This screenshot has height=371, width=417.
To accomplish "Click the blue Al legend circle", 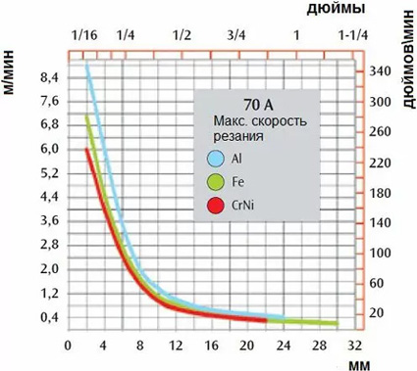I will [x=216, y=160].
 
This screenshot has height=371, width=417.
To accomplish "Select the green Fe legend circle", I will [x=216, y=182].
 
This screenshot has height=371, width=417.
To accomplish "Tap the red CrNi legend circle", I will [x=216, y=205].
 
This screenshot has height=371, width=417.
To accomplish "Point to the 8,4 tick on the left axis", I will [x=48, y=77].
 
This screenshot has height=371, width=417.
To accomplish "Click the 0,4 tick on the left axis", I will [x=48, y=317].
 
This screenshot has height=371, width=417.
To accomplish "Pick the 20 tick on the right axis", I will [x=375, y=312].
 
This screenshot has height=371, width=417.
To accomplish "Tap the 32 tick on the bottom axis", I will [x=355, y=346].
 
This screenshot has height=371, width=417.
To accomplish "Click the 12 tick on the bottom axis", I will [x=175, y=346].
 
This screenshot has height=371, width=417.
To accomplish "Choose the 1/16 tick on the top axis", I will [x=84, y=33].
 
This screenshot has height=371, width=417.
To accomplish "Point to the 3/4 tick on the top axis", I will [x=235, y=33].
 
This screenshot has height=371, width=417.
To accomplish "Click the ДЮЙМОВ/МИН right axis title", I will [x=407, y=59].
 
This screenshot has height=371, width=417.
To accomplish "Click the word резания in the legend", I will [x=238, y=137].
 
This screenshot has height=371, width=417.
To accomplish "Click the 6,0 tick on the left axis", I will [x=48, y=149].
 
